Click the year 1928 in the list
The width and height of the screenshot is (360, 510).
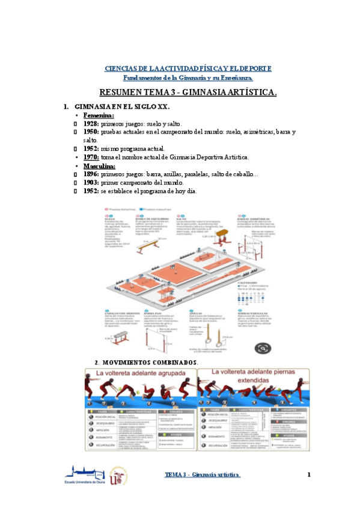[91, 123]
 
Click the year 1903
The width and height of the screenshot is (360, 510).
[91, 182]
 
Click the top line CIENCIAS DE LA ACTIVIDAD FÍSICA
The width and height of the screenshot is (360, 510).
[188, 69]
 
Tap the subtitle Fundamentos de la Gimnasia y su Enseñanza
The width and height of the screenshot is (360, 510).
[188, 78]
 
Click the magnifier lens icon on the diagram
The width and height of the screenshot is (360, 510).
[262, 348]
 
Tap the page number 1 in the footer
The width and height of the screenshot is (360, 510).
[308, 475]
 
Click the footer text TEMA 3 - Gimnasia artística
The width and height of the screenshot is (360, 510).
[203, 475]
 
